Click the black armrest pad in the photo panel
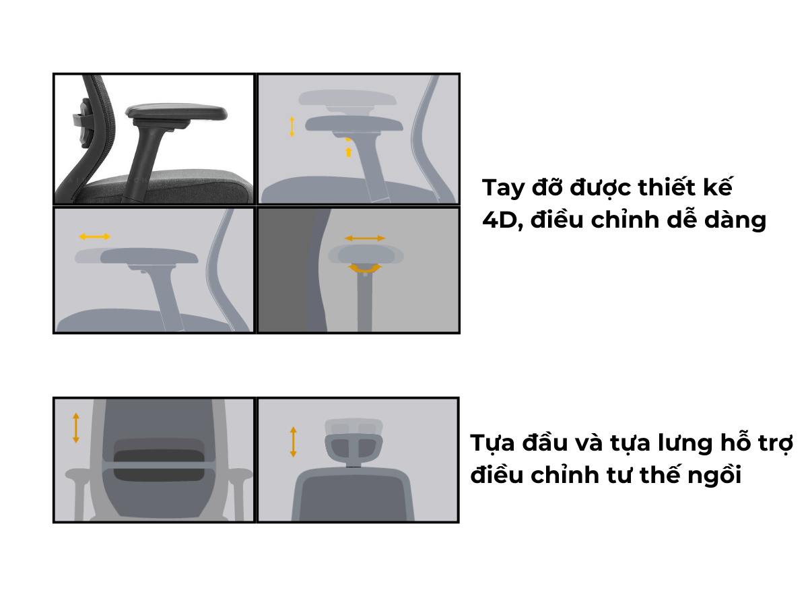point(176,111)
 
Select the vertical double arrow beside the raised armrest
point(292,127)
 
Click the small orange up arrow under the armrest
point(348,152)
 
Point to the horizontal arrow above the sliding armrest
point(95,236)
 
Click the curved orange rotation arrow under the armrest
point(365,269)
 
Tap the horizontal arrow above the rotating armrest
point(365,238)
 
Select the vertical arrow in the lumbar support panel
point(76,428)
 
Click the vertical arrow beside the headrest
point(293,441)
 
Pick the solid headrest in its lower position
point(353,450)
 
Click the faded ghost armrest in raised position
point(347,98)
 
